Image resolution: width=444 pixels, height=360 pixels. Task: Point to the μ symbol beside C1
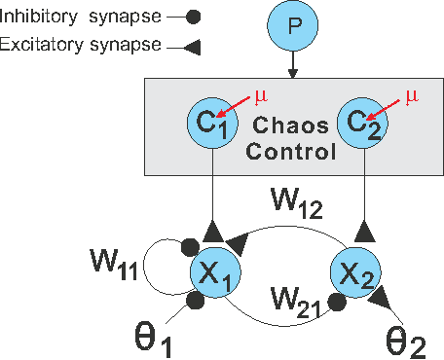259,95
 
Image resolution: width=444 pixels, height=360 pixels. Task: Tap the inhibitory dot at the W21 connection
336,303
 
